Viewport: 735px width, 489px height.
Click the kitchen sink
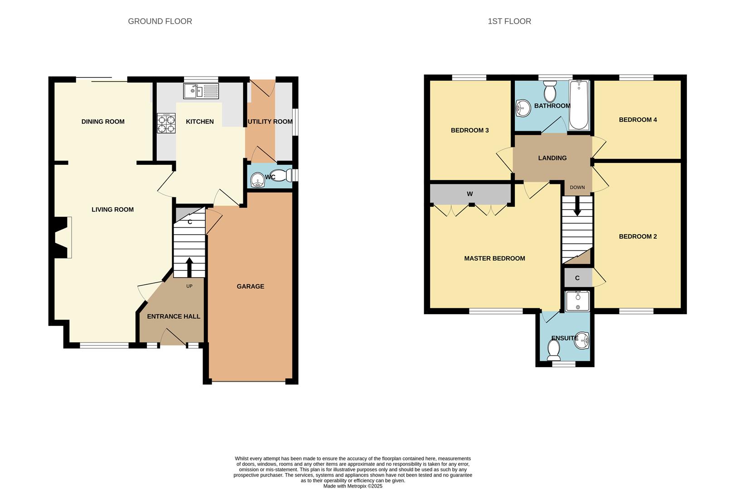pos(201,91)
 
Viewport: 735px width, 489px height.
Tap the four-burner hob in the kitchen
pos(166,123)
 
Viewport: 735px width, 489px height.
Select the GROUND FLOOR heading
pos(160,21)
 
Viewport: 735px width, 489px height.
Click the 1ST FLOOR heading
pos(509,21)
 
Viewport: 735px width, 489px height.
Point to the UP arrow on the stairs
pos(189,267)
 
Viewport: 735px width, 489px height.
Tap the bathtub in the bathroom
pos(579,105)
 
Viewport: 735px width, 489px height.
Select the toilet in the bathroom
pos(550,91)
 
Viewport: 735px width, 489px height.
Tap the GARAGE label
pos(250,287)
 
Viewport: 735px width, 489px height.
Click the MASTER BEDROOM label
pos(494,259)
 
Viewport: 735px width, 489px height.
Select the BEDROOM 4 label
pos(638,120)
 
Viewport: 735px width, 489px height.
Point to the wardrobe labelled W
pos(470,194)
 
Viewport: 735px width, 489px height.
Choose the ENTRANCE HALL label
pos(174,316)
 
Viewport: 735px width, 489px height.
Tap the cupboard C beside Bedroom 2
pos(577,278)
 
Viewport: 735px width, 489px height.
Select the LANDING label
pos(552,158)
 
